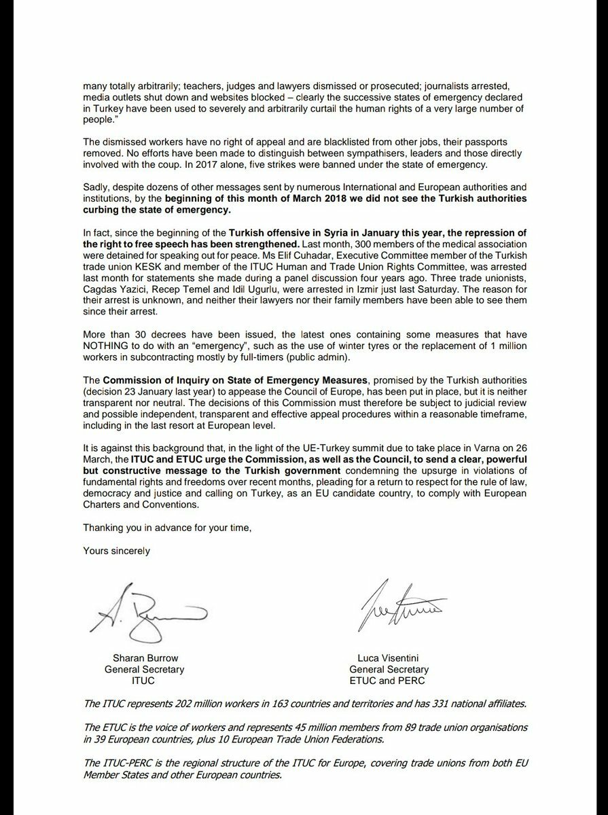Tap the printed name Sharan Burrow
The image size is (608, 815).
pyautogui.click(x=144, y=658)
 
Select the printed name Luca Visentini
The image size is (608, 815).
pyautogui.click(x=387, y=658)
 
